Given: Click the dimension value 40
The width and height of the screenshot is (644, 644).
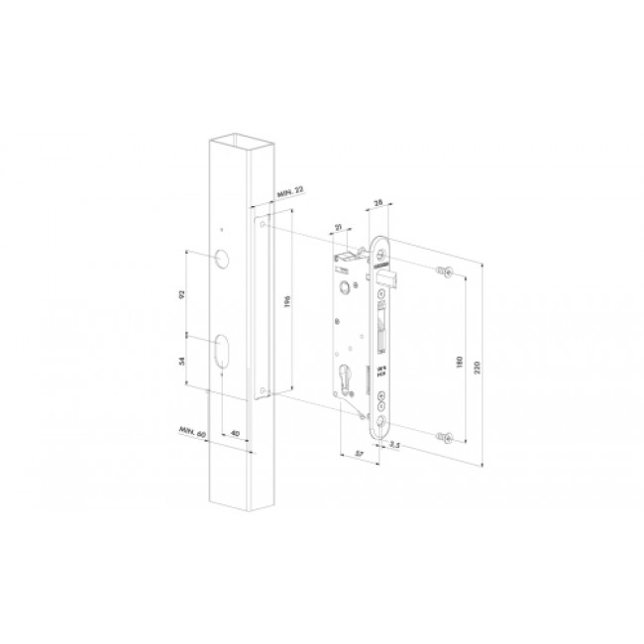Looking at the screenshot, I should pos(234,433).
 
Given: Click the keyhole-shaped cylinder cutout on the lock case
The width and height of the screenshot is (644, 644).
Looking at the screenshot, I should pos(347,379).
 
